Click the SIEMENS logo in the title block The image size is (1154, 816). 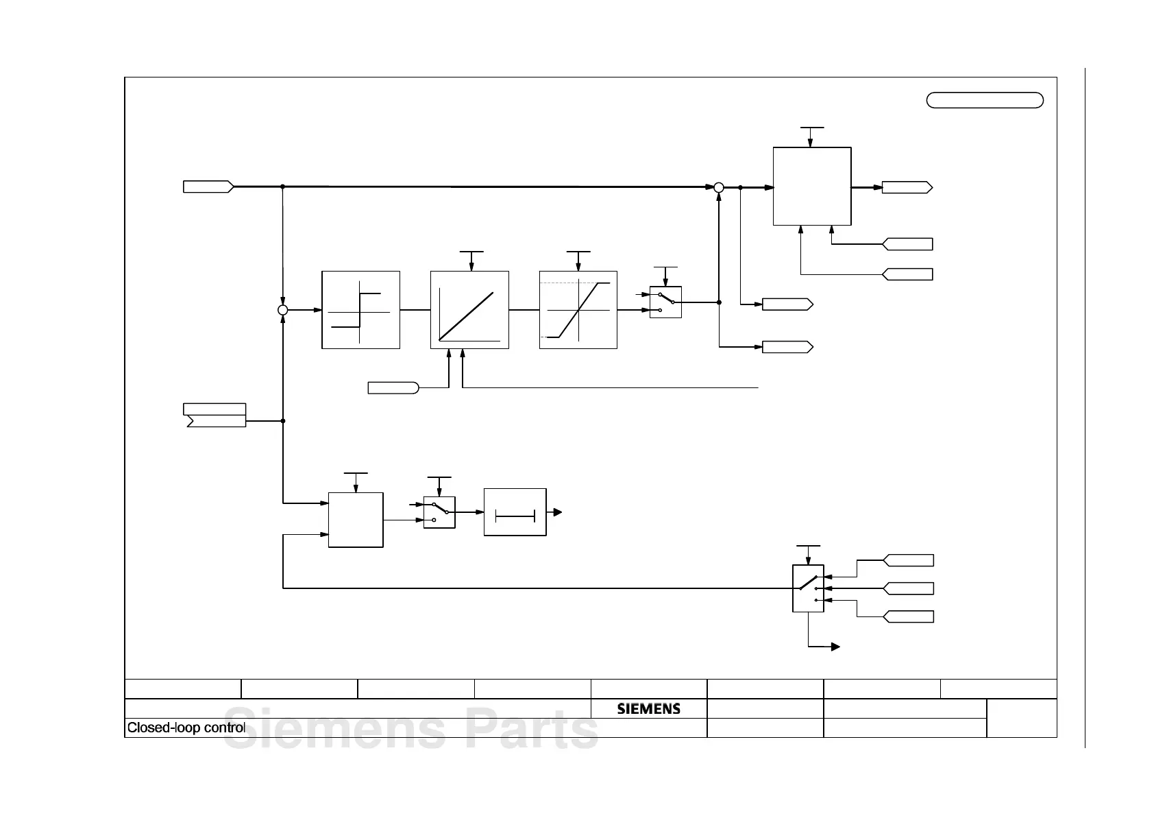[648, 708]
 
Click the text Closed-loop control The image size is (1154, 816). [186, 728]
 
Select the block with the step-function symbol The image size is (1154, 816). [360, 310]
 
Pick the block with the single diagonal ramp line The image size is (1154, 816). [469, 310]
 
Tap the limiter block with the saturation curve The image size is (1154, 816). [578, 310]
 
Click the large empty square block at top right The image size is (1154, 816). [812, 186]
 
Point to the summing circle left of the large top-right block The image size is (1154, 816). [719, 187]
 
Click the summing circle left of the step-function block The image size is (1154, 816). [282, 310]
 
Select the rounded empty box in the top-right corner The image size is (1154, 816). [985, 100]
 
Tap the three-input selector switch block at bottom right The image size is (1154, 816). [808, 588]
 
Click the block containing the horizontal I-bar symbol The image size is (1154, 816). [515, 512]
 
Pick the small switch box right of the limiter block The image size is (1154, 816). [665, 302]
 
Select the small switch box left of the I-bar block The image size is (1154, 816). [439, 512]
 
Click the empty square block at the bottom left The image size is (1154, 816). [356, 520]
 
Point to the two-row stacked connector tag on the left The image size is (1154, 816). [215, 415]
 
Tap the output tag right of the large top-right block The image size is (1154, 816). [907, 187]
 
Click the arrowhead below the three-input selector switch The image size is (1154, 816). [835, 647]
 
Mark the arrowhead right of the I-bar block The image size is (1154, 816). [558, 512]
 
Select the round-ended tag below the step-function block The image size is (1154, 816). [393, 388]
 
